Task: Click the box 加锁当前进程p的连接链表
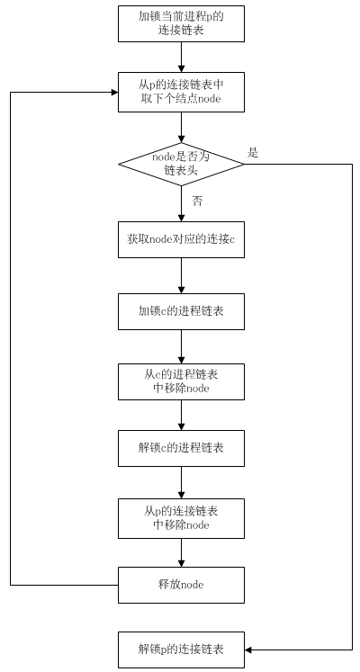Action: pos(181,23)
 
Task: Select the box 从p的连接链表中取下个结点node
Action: pos(181,92)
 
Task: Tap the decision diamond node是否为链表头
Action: pos(181,164)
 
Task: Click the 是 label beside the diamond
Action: pos(253,153)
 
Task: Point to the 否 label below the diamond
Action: pos(197,202)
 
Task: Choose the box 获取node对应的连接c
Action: pos(181,239)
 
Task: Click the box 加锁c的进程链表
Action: pos(181,311)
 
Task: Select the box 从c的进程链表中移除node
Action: pos(181,381)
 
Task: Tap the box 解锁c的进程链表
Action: pos(181,448)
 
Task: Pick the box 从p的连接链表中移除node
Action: pos(181,517)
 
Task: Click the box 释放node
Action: pos(181,585)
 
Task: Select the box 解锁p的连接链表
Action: pos(181,650)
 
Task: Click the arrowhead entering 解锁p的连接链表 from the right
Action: pos(248,650)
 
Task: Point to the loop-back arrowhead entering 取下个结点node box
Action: pos(114,92)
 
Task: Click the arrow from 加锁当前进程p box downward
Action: pos(181,57)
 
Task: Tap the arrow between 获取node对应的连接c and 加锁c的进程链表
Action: pos(181,275)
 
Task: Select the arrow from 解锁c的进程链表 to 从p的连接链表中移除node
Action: pos(181,482)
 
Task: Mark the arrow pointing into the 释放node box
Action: pos(181,552)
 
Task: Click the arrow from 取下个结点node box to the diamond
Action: pos(181,127)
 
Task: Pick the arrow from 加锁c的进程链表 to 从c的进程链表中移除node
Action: pos(181,346)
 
